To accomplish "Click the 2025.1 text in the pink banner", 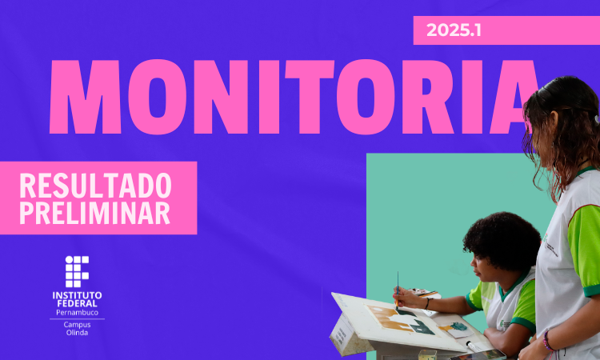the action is (454, 30).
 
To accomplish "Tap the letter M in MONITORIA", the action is (85, 97).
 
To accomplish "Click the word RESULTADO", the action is (95, 186).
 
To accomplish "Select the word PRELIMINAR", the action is (94, 213).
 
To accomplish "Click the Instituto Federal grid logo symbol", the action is (77, 272).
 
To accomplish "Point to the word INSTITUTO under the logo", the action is (77, 295).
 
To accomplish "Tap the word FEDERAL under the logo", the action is (77, 303).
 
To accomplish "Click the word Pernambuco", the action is (77, 313).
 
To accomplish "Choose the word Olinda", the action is (77, 333).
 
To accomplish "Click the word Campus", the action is (77, 325).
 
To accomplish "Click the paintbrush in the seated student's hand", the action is (398, 290).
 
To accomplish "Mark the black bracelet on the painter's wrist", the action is (427, 303).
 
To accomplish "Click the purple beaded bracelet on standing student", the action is (547, 341).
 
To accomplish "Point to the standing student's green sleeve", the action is (584, 249).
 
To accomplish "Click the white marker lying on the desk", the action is (473, 346).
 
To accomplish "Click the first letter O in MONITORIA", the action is (157, 97).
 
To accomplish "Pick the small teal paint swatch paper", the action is (458, 327).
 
